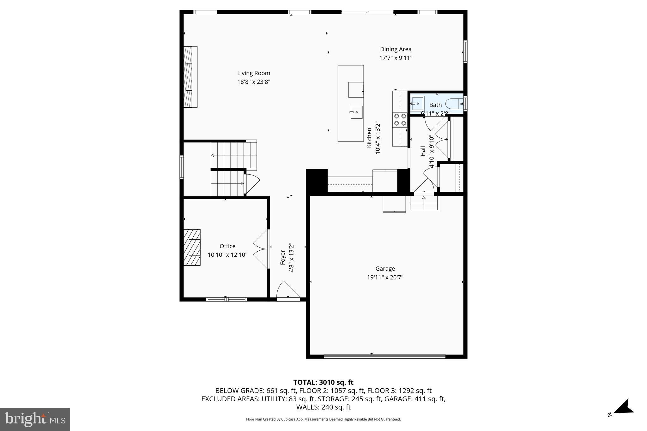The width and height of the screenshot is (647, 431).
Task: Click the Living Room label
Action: (x=254, y=73)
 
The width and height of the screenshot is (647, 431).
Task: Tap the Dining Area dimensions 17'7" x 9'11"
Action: (x=396, y=58)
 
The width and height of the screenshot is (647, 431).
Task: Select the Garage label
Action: (x=385, y=269)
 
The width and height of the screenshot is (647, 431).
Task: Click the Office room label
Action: (x=227, y=246)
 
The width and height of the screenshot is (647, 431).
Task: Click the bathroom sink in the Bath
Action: (x=417, y=103)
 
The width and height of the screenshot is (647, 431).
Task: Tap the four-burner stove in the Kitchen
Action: (x=400, y=120)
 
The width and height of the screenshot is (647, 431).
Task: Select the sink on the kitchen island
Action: (x=356, y=112)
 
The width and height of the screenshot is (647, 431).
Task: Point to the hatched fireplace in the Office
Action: (x=192, y=247)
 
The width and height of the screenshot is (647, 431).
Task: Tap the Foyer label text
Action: (x=283, y=257)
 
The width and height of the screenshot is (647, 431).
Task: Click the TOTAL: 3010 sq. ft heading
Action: (x=323, y=382)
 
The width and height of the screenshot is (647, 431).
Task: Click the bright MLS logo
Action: (x=35, y=419)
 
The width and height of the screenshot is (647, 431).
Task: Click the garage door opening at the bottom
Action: (x=384, y=356)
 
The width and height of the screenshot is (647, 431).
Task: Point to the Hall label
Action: (x=423, y=151)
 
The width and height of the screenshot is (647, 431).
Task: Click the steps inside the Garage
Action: (x=425, y=203)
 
